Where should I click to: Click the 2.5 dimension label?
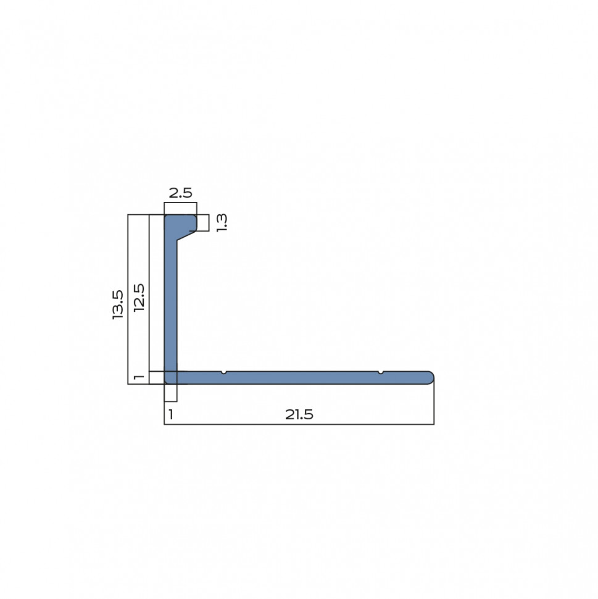click(180, 193)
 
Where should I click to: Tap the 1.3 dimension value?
click(222, 223)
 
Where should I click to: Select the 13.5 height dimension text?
click(118, 304)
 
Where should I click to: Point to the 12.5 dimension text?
click(139, 298)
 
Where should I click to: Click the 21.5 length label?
click(299, 414)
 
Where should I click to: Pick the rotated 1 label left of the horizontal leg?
click(139, 377)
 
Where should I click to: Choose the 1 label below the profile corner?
click(171, 414)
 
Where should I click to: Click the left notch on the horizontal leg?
click(224, 372)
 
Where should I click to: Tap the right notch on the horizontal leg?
click(380, 372)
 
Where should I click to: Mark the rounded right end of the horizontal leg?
click(430, 377)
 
